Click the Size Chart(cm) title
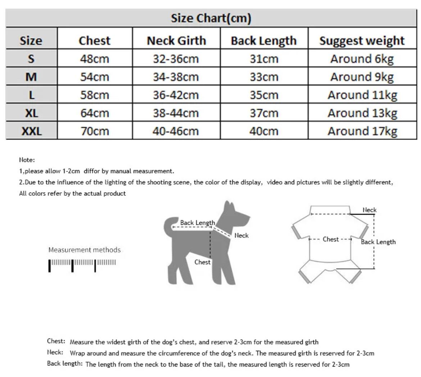210,18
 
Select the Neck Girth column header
176,41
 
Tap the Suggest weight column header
362,41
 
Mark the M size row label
32,77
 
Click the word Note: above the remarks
27,160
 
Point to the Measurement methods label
85,250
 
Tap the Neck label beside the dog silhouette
241,236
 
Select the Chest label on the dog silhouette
202,262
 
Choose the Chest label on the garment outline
330,239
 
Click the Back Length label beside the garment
378,242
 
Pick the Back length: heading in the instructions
65,363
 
